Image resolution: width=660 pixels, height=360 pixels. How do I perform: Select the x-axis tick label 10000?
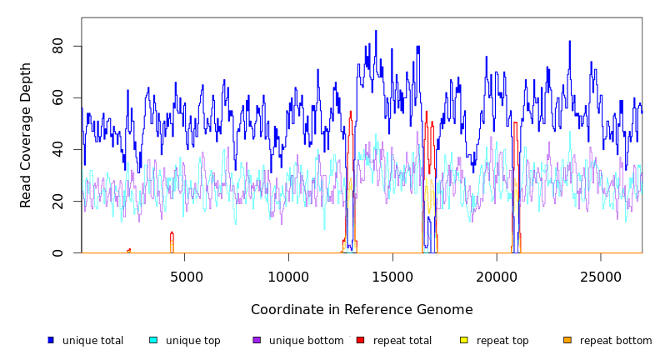[289, 277]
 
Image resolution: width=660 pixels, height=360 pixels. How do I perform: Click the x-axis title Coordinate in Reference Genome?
[362, 310]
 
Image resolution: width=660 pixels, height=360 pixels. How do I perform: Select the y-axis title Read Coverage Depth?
[26, 135]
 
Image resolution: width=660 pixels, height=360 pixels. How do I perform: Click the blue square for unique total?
[51, 340]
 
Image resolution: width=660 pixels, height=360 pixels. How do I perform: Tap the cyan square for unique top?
[153, 340]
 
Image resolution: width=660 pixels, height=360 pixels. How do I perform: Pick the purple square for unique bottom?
[257, 340]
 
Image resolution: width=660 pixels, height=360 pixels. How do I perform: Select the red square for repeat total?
[360, 340]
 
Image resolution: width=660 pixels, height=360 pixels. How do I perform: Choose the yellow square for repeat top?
[464, 340]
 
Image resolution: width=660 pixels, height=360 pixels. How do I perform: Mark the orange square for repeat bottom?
[567, 340]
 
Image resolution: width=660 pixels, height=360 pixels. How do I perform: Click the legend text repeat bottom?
[616, 341]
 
